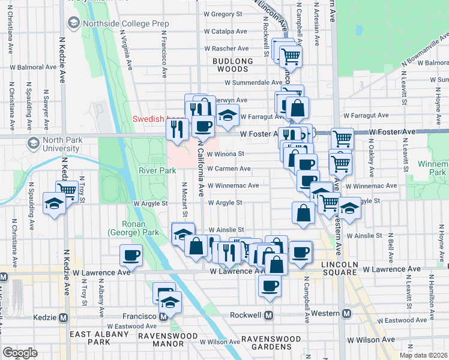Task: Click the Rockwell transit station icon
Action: [x=270, y=314]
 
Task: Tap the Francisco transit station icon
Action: [x=163, y=316]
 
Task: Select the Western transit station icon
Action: [x=346, y=314]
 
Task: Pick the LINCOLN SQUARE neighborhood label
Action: [x=340, y=265]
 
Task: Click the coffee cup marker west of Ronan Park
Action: [x=131, y=256]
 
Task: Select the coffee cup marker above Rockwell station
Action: [x=270, y=286]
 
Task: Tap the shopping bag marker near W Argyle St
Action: [x=304, y=212]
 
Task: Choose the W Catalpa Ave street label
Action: [x=226, y=31]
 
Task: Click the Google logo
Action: [x=20, y=352]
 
